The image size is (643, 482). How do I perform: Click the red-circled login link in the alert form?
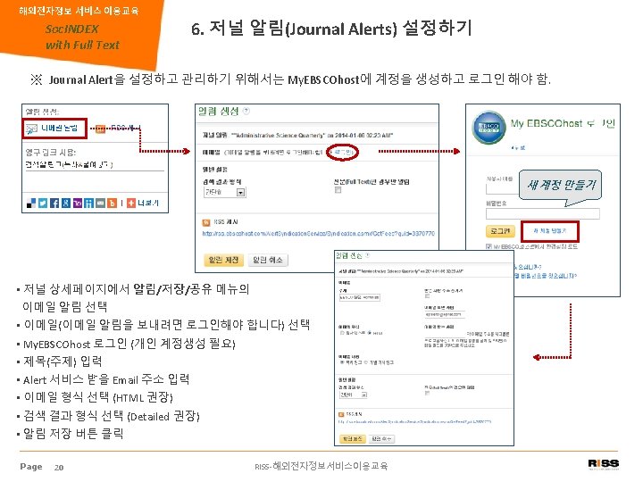coord(341,153)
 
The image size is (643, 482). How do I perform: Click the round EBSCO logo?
coord(490,129)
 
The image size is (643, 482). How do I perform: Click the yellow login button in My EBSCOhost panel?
coord(501,230)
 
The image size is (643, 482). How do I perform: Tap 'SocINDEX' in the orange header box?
coord(72,29)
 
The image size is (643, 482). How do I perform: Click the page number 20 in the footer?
coord(58,467)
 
